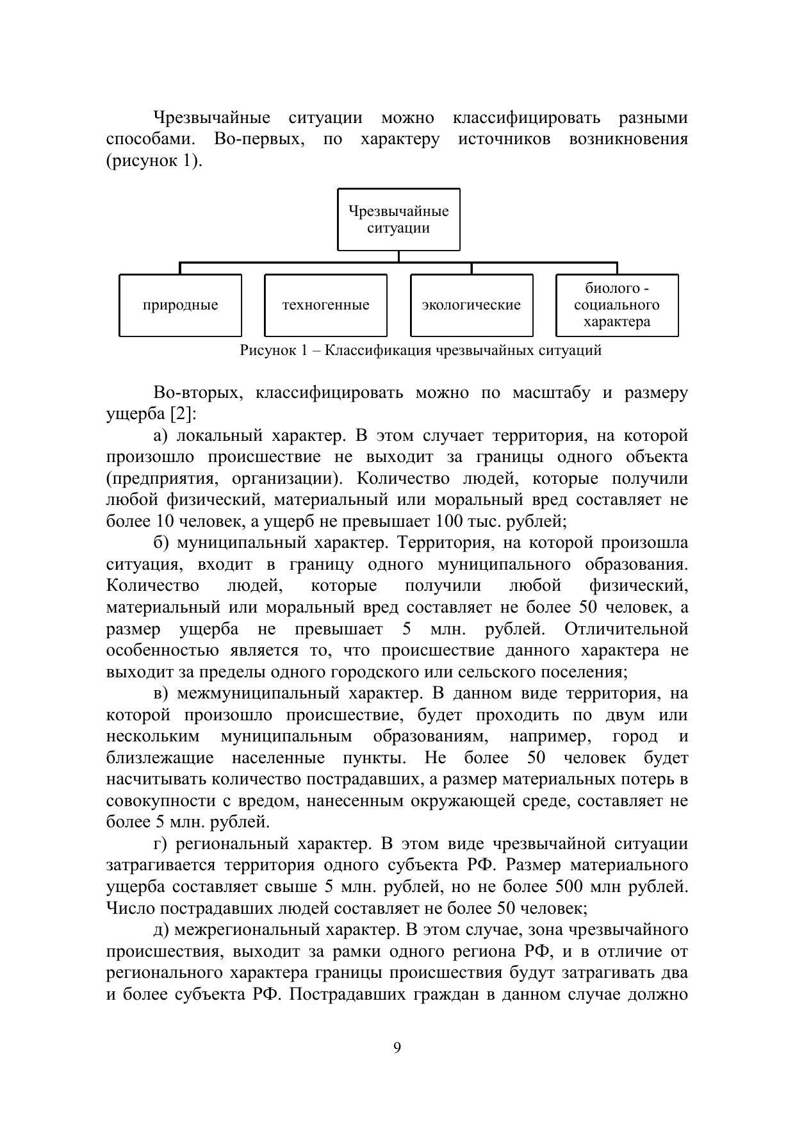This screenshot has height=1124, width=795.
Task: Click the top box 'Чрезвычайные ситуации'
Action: pos(398,219)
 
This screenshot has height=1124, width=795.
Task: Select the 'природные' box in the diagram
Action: pos(180,305)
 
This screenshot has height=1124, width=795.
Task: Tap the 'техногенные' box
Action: pos(325,305)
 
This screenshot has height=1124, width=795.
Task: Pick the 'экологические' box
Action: pos(471,305)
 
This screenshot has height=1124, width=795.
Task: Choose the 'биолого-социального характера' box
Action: pos(617,305)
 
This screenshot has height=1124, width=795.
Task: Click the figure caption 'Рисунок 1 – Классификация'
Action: pos(420,351)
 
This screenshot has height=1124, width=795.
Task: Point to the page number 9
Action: pos(397,1048)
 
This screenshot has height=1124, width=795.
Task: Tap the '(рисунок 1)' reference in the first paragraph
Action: pos(154,160)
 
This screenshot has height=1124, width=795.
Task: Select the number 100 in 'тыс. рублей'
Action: pos(448,522)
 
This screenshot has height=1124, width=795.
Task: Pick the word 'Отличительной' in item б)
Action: pos(627,629)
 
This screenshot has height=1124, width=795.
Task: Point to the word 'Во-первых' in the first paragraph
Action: pos(259,139)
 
